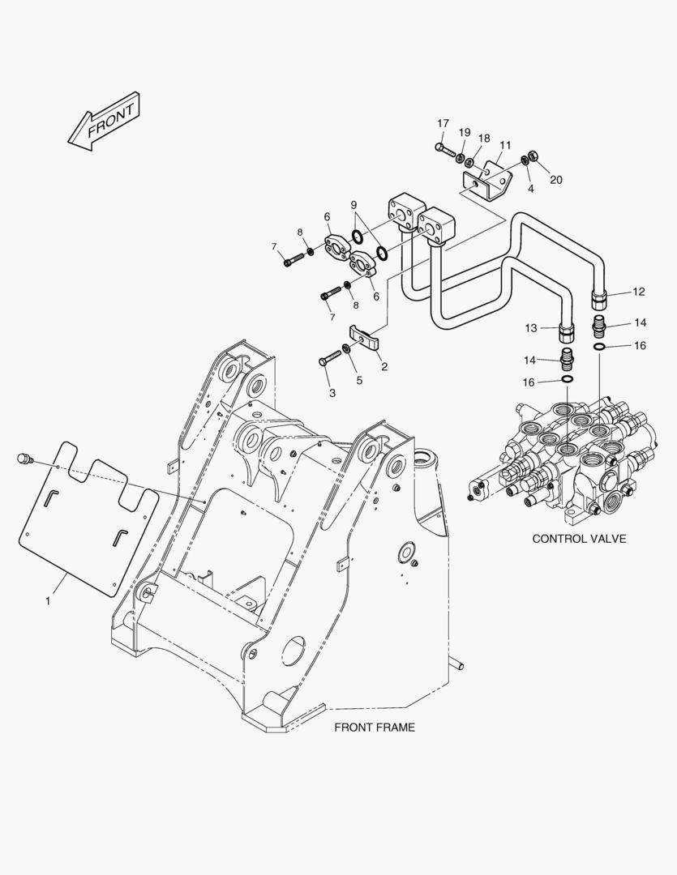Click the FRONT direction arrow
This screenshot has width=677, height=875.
tap(103, 122)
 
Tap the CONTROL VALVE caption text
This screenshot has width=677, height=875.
tap(579, 539)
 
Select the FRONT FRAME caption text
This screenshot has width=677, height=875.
tap(375, 727)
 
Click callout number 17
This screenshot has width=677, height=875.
tap(443, 123)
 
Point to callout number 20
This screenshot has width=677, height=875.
tap(555, 180)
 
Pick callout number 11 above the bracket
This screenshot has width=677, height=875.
tap(505, 145)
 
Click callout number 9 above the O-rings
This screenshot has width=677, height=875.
tap(353, 205)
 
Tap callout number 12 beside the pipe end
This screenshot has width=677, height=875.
tap(638, 292)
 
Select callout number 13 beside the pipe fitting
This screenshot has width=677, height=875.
tap(530, 328)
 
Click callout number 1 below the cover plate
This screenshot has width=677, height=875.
tap(48, 601)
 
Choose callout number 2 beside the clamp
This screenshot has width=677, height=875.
tap(384, 367)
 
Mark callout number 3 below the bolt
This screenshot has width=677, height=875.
tap(332, 393)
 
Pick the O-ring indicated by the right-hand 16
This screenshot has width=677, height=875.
tap(599, 347)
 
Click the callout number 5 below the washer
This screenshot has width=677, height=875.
tap(359, 380)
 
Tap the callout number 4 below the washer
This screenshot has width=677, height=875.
tap(530, 189)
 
